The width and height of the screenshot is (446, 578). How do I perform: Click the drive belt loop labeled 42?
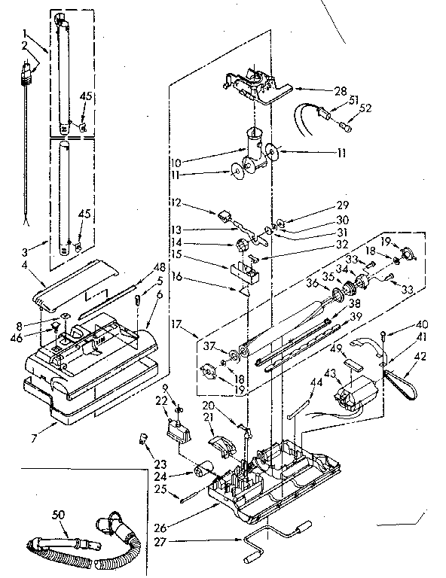(x=402, y=379)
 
